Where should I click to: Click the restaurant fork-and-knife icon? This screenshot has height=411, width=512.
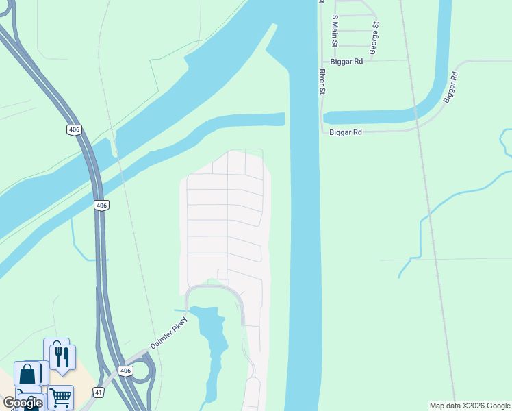(62, 357)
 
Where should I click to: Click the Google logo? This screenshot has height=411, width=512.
(22, 403)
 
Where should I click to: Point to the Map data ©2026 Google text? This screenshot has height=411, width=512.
(469, 406)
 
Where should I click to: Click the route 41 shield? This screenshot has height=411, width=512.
(99, 391)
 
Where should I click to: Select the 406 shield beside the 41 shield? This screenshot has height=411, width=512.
(124, 371)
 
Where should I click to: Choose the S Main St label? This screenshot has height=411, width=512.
(335, 32)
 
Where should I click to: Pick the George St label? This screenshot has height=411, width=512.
(374, 38)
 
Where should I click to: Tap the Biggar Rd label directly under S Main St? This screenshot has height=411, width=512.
(345, 61)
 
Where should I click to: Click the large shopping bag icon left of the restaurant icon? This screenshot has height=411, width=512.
(28, 374)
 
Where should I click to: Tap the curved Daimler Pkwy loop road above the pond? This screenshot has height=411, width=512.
(212, 287)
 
